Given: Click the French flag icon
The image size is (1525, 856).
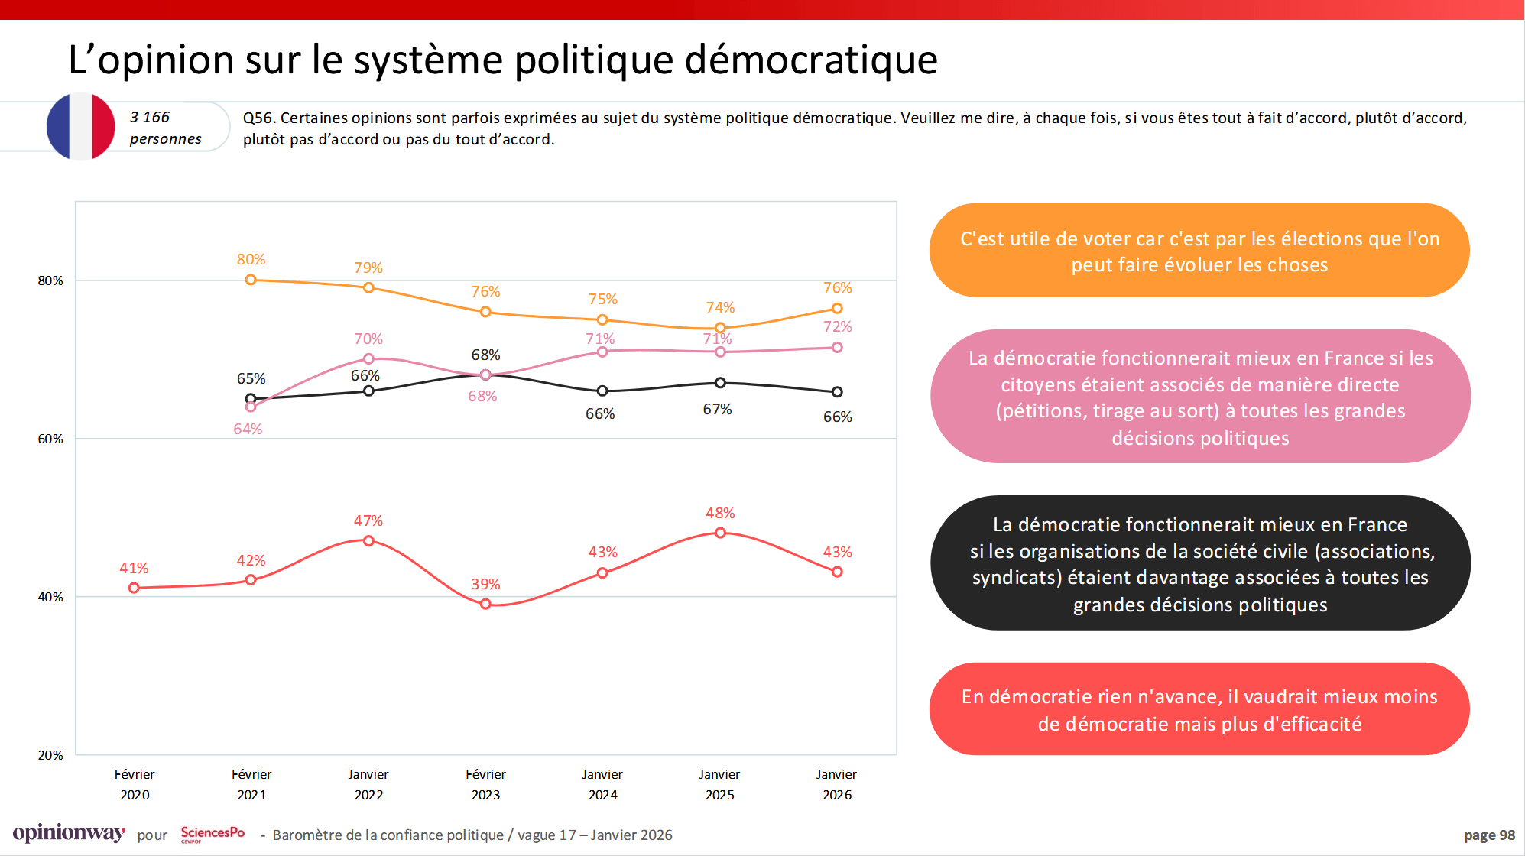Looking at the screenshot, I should click(80, 126).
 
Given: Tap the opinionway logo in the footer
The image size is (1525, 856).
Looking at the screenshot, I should click(69, 833).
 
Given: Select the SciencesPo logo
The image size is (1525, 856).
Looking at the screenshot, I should click(213, 834).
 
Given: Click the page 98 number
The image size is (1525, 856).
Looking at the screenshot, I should click(1488, 835).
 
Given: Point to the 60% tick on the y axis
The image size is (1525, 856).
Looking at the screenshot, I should click(50, 439).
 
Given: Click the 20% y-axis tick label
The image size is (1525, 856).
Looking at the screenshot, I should click(50, 755).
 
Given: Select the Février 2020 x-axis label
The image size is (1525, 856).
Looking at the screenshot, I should click(135, 784).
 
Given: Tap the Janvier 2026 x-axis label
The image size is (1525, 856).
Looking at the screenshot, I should click(837, 784).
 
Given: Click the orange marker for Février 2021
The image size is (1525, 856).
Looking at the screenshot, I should click(251, 280).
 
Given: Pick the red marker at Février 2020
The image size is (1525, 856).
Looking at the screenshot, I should click(135, 588).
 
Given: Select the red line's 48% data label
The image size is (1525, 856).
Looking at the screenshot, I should click(720, 513).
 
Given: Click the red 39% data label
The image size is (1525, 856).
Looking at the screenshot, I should click(485, 584).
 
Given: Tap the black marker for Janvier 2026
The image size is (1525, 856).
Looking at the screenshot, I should click(837, 392).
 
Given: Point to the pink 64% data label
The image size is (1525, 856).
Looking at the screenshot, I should click(248, 429).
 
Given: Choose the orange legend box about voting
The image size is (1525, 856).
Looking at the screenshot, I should click(1199, 251).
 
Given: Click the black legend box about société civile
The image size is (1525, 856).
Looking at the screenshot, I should click(1200, 563).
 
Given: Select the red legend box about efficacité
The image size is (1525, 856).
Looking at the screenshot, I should click(1199, 709).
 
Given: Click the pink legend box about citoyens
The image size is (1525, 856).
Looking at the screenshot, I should click(1200, 397).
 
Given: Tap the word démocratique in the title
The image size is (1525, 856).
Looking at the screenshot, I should click(810, 60).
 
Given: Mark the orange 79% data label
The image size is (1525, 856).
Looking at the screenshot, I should click(368, 267).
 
